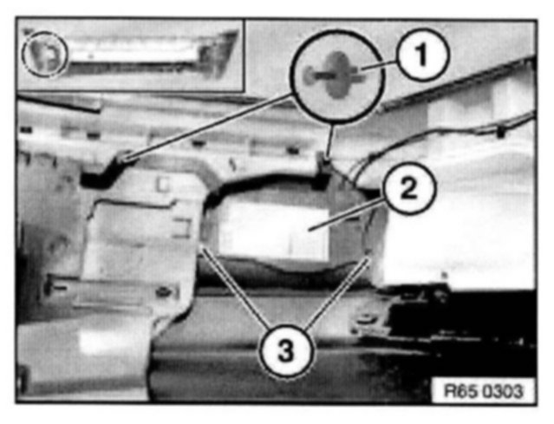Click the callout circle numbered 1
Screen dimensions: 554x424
pyautogui.click(x=422, y=55)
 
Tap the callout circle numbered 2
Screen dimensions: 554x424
pyautogui.click(x=409, y=189)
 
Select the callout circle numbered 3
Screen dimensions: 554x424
pyautogui.click(x=287, y=351)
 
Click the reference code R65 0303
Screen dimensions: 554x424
pyautogui.click(x=483, y=391)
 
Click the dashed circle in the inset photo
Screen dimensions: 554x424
pyautogui.click(x=45, y=55)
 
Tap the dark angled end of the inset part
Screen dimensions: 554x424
pyautogui.click(x=216, y=54)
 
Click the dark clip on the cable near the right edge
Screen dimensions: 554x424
pyautogui.click(x=499, y=134)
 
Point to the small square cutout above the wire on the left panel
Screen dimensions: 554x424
pyautogui.click(x=163, y=184)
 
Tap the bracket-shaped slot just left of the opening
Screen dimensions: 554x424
pyautogui.click(x=181, y=227)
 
